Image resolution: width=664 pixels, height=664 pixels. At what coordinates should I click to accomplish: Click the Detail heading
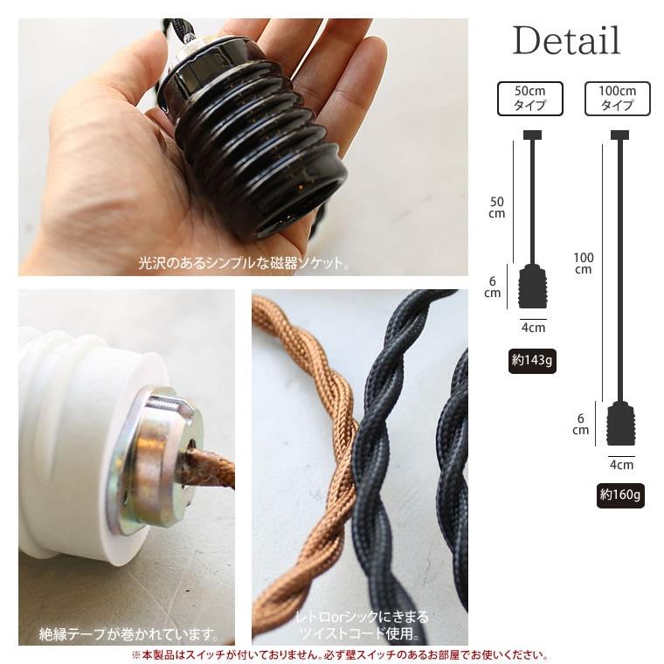click(x=566, y=40)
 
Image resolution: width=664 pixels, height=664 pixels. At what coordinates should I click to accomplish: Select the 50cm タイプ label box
click(x=529, y=99)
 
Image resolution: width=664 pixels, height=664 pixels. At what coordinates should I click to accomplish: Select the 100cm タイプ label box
click(x=617, y=99)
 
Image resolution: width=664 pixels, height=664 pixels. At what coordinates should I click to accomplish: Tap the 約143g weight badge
click(x=532, y=361)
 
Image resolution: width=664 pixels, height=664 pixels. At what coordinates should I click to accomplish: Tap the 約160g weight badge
click(x=620, y=495)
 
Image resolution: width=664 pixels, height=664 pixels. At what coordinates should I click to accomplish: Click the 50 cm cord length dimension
click(x=497, y=208)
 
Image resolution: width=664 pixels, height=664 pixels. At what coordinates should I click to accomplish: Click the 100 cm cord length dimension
click(x=584, y=263)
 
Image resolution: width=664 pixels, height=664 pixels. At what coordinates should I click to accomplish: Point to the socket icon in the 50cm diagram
click(x=533, y=286)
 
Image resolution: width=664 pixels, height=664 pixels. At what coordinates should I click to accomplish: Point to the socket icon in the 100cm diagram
click(x=620, y=424)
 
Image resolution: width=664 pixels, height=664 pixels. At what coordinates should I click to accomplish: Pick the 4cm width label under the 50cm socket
click(x=533, y=328)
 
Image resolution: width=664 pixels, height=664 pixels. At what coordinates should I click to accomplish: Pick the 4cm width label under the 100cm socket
click(x=622, y=465)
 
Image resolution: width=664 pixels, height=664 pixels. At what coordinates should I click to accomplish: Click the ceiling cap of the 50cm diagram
click(x=532, y=135)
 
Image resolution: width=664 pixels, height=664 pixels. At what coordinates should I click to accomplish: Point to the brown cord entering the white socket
click(x=208, y=468)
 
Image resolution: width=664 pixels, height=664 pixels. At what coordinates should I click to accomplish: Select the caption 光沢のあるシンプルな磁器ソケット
click(x=244, y=263)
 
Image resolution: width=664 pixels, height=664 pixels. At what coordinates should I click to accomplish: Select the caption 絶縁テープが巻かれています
click(x=128, y=634)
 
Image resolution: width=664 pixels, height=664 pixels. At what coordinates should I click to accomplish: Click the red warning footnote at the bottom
click(x=339, y=655)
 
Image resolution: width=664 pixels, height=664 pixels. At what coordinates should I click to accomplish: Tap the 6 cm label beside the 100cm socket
click(x=581, y=425)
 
